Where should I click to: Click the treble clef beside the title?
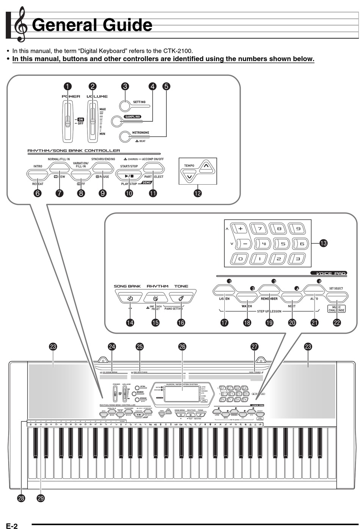(x=21, y=25)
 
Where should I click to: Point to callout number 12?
(x=197, y=193)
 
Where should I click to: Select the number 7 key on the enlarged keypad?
(x=259, y=229)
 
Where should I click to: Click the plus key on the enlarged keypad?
(x=241, y=229)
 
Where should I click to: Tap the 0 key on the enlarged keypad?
(x=240, y=259)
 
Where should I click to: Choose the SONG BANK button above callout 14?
(x=130, y=297)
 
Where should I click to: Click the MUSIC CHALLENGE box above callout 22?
(x=337, y=308)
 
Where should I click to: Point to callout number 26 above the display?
(x=182, y=347)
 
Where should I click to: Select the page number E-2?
(x=11, y=526)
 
